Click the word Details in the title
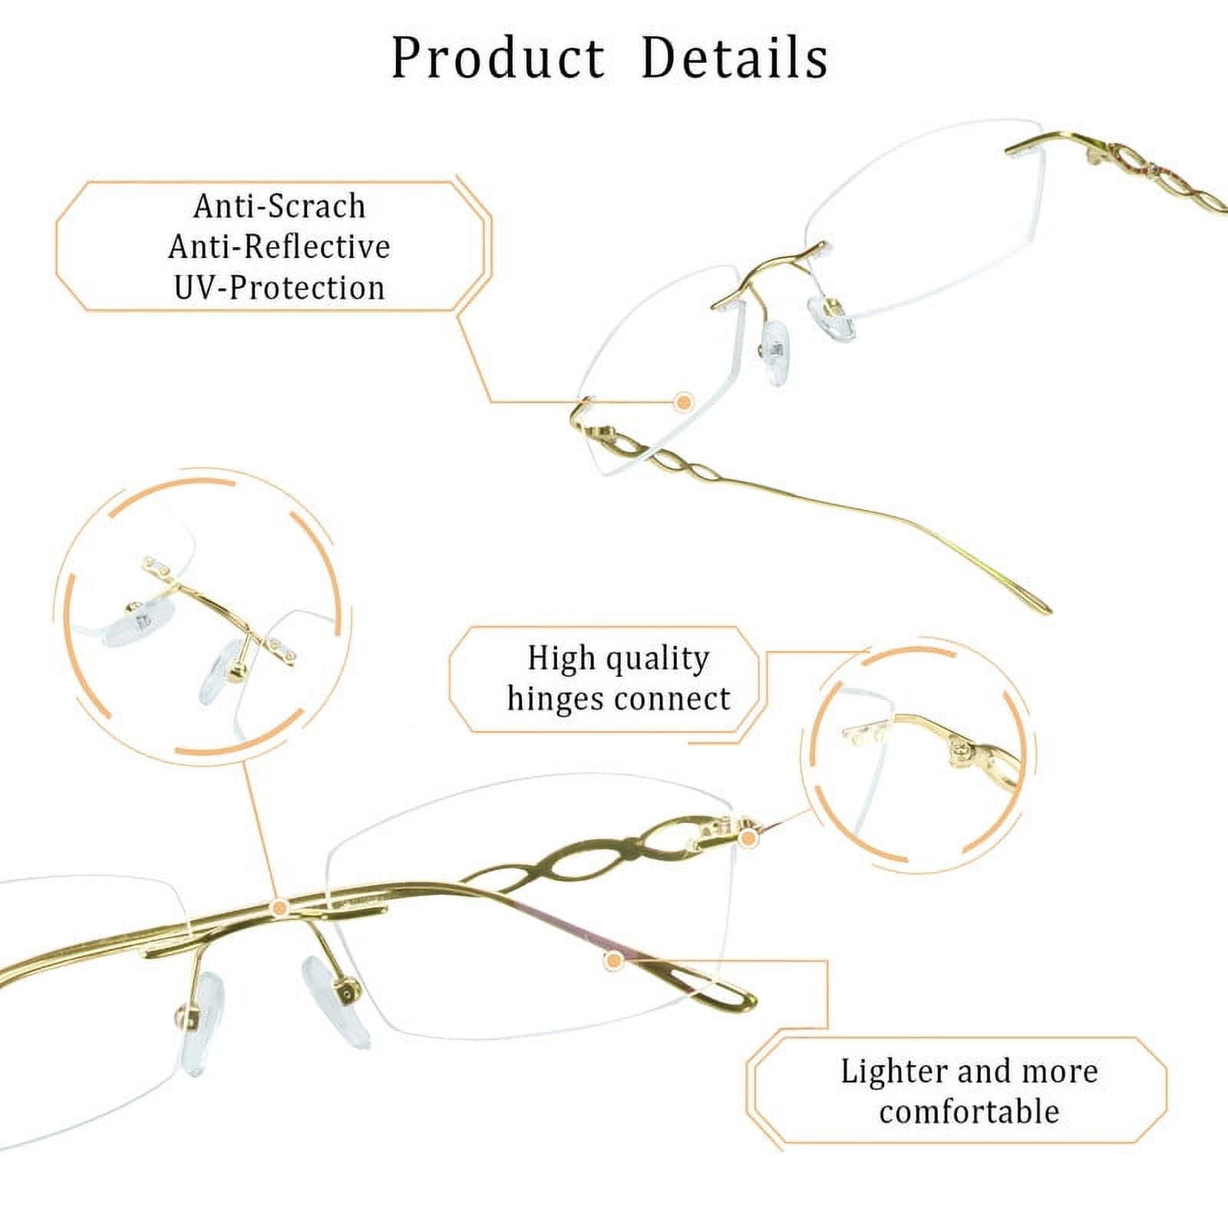(734, 58)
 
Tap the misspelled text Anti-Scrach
(279, 206)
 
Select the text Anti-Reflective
(279, 247)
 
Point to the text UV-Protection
(279, 288)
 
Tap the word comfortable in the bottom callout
(969, 1112)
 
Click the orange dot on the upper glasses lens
(683, 401)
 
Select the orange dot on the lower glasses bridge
(279, 908)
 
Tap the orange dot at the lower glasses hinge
(749, 838)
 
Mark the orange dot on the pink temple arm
(612, 960)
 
